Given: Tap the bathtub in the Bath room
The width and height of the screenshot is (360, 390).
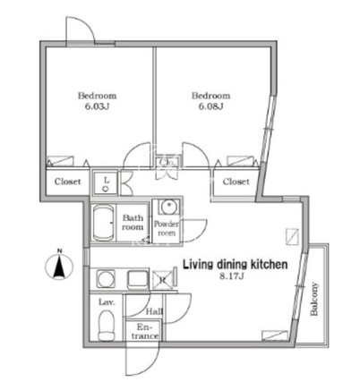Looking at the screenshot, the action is pyautogui.click(x=103, y=223).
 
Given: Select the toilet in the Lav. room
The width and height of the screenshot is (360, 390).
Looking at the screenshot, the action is pyautogui.click(x=107, y=326).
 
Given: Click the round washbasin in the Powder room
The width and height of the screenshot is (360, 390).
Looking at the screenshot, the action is pyautogui.click(x=169, y=207).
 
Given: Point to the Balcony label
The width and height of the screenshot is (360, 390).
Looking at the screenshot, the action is pyautogui.click(x=314, y=299).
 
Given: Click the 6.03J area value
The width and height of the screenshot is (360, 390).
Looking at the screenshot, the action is pyautogui.click(x=97, y=106).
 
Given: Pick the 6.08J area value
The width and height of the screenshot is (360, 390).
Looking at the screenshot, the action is pyautogui.click(x=211, y=106).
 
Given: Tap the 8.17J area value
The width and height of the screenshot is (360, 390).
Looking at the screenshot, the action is pyautogui.click(x=232, y=276).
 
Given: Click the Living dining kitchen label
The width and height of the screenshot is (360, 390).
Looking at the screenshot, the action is pyautogui.click(x=236, y=265).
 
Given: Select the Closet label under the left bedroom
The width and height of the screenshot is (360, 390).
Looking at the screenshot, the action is pyautogui.click(x=67, y=182).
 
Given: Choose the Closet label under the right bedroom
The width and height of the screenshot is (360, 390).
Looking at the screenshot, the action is pyautogui.click(x=236, y=182).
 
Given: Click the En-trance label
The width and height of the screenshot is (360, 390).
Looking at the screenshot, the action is pyautogui.click(x=145, y=332).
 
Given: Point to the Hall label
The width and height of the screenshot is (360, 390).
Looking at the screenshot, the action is pyautogui.click(x=154, y=312).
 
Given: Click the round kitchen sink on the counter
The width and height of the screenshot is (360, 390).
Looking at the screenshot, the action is pyautogui.click(x=105, y=278).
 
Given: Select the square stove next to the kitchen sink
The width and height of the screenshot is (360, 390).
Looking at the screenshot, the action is pyautogui.click(x=138, y=279).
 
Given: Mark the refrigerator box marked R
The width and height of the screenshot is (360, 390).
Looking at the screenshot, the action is pyautogui.click(x=163, y=280).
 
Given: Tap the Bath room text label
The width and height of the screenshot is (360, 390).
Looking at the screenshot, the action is pyautogui.click(x=133, y=223).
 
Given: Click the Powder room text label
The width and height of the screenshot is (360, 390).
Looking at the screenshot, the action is pyautogui.click(x=167, y=228).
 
